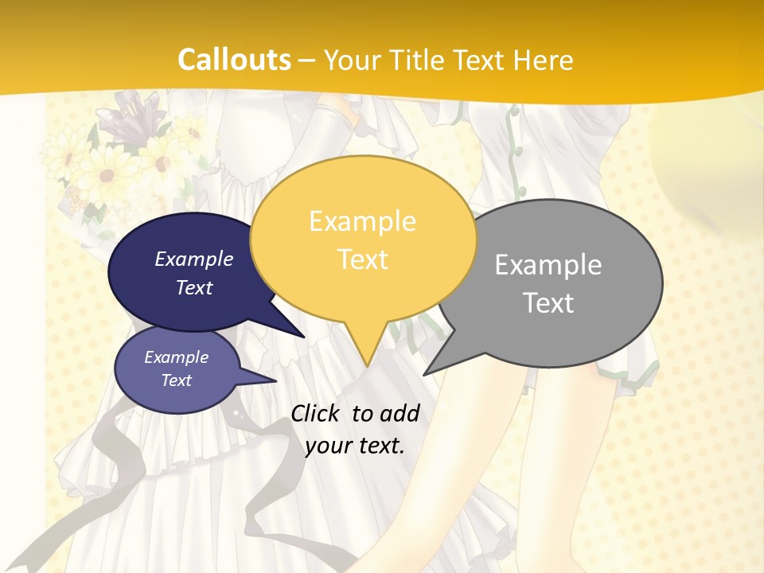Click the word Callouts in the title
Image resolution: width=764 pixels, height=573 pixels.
click(234, 60)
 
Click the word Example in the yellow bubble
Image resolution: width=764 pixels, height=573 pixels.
click(362, 221)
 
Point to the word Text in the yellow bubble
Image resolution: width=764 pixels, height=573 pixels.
click(362, 259)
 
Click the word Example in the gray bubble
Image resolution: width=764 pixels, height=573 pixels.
click(548, 265)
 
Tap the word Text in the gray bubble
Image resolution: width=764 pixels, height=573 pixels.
click(548, 303)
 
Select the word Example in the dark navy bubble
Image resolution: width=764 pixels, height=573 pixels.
click(194, 259)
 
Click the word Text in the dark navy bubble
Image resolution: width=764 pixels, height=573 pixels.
click(194, 287)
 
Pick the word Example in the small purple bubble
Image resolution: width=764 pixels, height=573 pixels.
click(177, 357)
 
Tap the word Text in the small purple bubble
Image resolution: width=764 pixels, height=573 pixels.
click(177, 380)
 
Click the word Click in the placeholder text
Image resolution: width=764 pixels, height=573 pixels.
click(317, 413)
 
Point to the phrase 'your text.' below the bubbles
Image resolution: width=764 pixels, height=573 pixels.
click(355, 446)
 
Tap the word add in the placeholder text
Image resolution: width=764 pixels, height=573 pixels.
click(398, 413)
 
